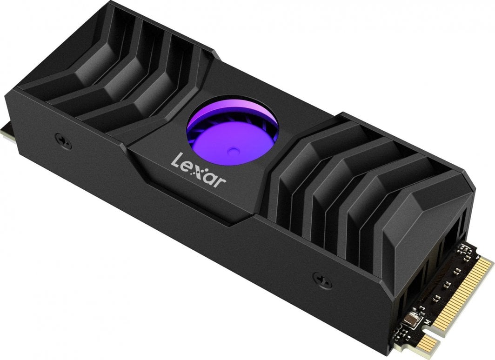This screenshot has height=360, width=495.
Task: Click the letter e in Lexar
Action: [x=187, y=166]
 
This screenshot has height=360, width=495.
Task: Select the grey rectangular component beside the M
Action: [x=411, y=317]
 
